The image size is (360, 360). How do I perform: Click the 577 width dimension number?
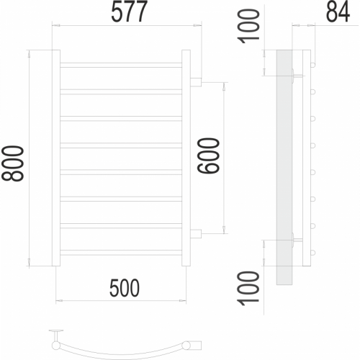click(129, 12)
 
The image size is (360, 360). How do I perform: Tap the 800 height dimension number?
click(13, 163)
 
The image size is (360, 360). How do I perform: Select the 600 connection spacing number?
click(208, 156)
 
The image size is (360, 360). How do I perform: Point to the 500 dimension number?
click(125, 288)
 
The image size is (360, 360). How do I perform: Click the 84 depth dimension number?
click(338, 12)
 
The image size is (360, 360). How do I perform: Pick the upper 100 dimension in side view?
click(248, 26)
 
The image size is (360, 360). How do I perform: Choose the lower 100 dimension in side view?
click(248, 288)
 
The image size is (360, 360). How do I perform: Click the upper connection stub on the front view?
click(196, 82)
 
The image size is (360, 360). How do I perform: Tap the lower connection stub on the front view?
click(196, 234)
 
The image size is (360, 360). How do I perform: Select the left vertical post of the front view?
click(56, 158)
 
